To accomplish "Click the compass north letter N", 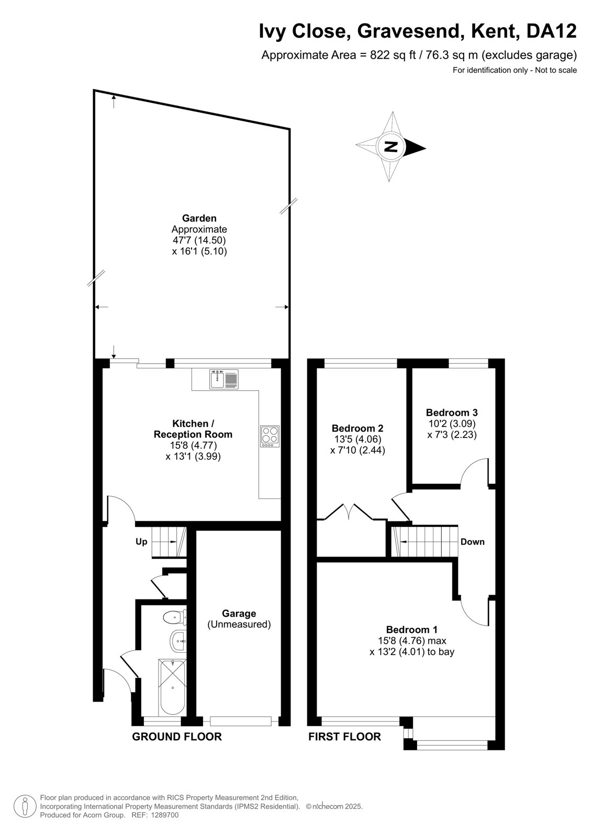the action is [391, 147].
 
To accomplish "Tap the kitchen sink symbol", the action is [224, 379].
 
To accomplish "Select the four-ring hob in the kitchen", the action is [270, 436].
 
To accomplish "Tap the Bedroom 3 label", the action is [451, 413].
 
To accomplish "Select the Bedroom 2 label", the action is [357, 428].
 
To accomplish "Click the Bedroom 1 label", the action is [412, 630].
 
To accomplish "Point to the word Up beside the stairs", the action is [141, 542].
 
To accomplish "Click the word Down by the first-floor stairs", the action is [472, 542].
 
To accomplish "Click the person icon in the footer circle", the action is [25, 807].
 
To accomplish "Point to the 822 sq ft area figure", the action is [393, 55].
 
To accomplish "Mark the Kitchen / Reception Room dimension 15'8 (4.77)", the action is [193, 445].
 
